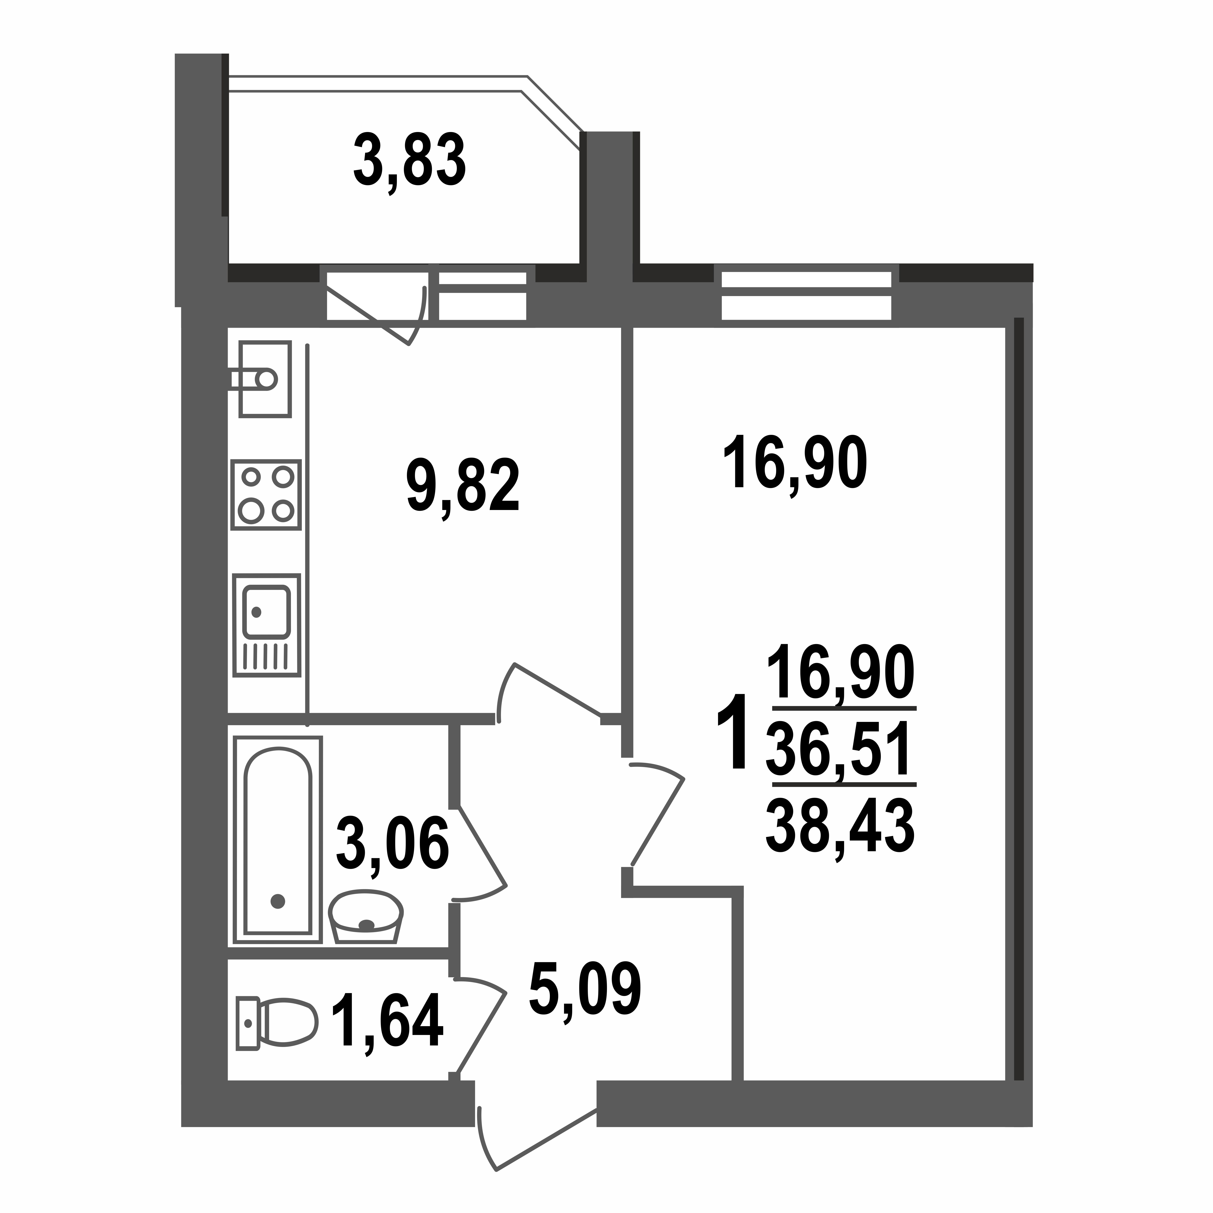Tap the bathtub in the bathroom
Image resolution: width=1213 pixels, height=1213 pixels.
[278, 840]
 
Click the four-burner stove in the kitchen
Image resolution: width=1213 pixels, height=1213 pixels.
[266, 494]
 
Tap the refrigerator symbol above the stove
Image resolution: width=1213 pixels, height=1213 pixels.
[264, 379]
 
